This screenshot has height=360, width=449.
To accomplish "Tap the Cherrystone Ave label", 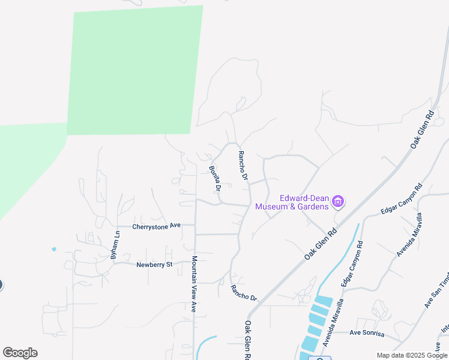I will point(157,226).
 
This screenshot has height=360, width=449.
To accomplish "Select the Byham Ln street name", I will point(115,245).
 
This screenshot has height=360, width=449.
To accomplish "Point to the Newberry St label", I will point(154,265).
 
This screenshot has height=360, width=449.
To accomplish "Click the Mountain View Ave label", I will point(194,285).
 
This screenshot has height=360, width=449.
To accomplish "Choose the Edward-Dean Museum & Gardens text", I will point(292,202).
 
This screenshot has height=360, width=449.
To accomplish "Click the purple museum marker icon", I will point(338,202).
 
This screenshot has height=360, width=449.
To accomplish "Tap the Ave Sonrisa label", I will point(366,332).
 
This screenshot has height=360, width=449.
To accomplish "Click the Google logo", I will point(20,353).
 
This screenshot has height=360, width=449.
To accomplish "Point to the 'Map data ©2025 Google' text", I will point(412,355).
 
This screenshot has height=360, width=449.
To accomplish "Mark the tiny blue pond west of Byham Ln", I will point(54,249).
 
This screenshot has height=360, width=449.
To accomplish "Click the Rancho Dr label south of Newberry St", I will point(244,293).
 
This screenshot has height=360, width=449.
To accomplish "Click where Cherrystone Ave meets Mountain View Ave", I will point(194,226).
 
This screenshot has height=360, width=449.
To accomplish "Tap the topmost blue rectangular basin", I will point(324,300).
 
